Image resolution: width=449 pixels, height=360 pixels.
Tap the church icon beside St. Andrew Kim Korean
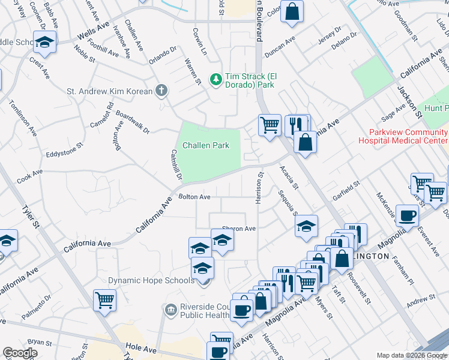160,91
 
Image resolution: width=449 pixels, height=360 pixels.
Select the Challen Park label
206,145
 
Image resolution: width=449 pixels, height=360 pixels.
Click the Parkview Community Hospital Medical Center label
402,136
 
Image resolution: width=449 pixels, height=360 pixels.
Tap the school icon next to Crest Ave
44,42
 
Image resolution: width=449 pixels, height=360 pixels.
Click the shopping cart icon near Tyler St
104,298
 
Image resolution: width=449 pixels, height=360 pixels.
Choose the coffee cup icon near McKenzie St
408,215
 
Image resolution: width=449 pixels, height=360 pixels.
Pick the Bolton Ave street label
194,197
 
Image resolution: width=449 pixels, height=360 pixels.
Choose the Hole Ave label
141,347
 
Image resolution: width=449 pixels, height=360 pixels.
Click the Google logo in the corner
20,353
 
